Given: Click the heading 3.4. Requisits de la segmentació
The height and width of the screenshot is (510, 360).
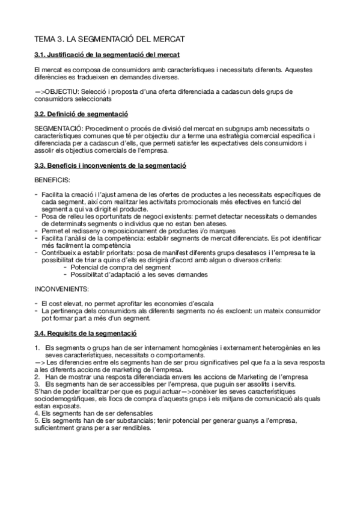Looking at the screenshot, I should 86,333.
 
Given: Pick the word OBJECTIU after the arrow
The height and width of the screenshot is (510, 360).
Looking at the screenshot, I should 62,91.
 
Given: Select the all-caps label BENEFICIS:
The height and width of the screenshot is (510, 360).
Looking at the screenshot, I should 52,179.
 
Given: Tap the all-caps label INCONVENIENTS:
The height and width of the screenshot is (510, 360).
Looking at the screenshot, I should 62,289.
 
